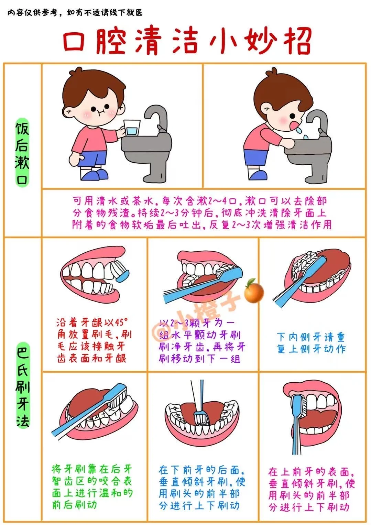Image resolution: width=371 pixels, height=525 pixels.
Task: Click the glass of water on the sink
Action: (132, 128)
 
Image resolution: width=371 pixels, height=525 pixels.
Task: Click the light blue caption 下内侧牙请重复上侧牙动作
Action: (311, 343)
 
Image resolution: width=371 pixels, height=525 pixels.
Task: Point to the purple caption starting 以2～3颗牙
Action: (201, 341)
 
